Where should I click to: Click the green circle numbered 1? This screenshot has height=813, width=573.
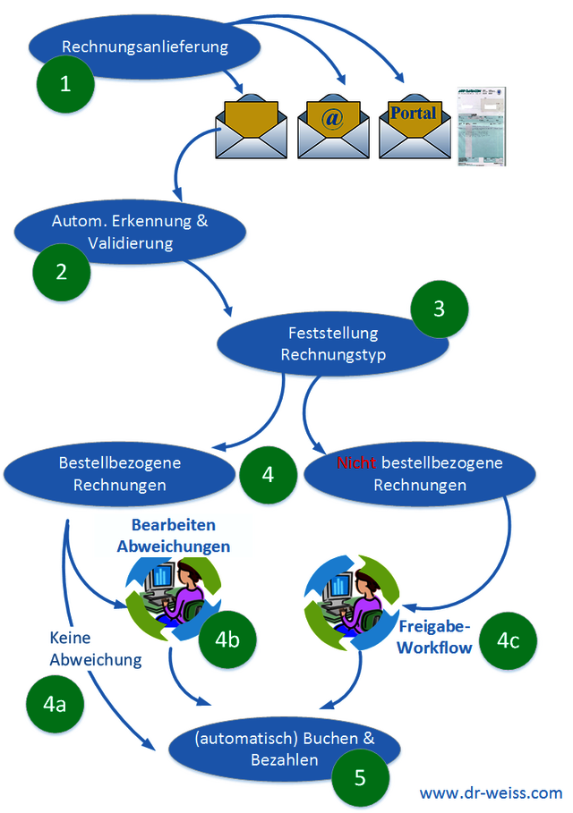[x=64, y=84]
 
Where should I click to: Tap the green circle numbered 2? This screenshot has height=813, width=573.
[x=62, y=272]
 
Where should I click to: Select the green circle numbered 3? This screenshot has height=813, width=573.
[x=439, y=309]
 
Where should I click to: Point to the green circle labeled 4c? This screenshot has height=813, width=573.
[x=509, y=639]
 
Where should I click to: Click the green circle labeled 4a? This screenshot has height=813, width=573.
[x=56, y=705]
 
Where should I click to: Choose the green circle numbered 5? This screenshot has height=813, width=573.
[x=360, y=777]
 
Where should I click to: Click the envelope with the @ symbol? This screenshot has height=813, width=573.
[x=333, y=127]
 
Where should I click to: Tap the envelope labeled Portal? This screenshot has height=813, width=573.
[x=414, y=127]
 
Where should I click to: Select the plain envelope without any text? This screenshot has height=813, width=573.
[x=252, y=128]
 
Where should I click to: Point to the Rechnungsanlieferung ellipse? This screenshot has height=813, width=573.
[x=145, y=46]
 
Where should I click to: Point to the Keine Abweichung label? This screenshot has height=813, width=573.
[x=96, y=649]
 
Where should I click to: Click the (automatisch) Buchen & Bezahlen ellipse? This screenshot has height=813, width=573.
[x=284, y=749]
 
